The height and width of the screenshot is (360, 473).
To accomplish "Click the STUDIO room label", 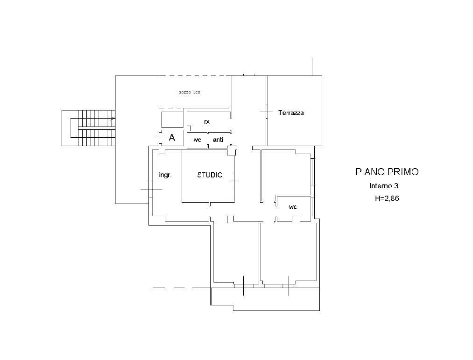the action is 210,175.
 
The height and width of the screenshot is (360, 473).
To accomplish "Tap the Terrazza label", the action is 291,113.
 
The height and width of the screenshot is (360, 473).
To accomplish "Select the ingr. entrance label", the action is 165,175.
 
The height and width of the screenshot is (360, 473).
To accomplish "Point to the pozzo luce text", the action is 189,92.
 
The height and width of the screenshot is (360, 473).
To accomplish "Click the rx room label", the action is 207,121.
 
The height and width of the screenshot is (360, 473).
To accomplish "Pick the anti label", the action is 218,140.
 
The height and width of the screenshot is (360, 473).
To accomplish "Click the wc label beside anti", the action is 198,140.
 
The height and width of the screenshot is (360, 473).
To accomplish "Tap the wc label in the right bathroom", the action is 293,207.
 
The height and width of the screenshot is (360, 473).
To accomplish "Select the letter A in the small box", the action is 172,138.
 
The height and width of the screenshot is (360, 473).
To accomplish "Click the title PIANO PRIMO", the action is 387,172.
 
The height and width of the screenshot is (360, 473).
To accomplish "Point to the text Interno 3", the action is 384,186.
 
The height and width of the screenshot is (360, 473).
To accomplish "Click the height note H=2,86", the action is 387,198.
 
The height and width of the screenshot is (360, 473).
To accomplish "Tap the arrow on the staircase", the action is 112,119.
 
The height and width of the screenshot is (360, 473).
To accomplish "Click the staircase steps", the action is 97,128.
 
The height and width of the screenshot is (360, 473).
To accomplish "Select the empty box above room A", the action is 173,120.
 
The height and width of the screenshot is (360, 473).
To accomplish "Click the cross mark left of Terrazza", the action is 266,112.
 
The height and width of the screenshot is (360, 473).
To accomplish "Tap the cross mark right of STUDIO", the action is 234,181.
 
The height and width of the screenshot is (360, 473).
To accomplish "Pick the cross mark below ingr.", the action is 151,189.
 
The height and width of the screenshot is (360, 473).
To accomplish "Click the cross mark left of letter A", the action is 159,138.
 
